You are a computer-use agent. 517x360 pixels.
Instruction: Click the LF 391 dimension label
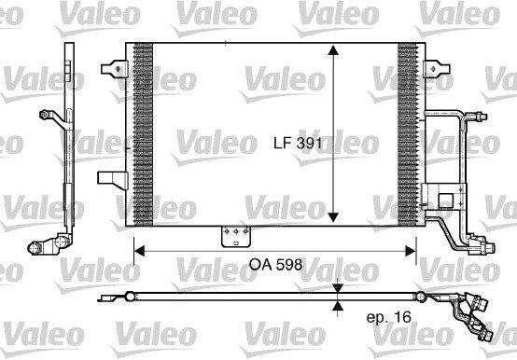(x=298, y=144)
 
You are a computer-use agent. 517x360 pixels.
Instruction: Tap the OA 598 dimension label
(x=275, y=265)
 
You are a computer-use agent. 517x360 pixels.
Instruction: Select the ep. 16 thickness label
(x=389, y=317)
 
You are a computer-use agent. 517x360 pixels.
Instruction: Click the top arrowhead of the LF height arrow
(x=334, y=50)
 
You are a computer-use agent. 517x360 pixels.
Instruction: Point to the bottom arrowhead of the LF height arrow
(x=334, y=217)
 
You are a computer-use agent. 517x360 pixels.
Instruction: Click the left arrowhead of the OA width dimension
(x=140, y=251)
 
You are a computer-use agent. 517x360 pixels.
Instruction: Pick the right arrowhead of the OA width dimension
(x=411, y=251)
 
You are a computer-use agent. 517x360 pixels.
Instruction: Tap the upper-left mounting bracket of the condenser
(x=115, y=69)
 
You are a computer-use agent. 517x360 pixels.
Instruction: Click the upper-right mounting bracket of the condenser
(x=436, y=68)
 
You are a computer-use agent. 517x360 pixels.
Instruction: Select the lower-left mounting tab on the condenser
(x=112, y=180)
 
